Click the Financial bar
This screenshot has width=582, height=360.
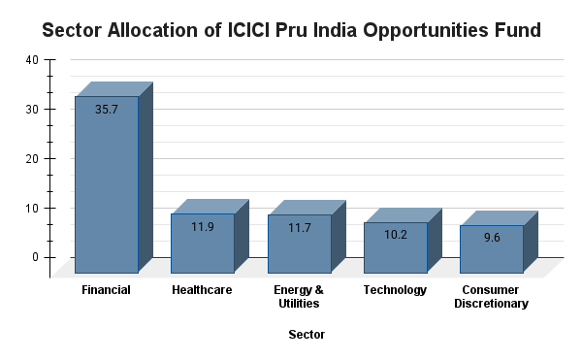click(107, 184)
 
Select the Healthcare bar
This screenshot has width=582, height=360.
click(203, 244)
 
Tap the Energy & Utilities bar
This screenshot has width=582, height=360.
click(299, 244)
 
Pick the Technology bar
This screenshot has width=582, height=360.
click(395, 247)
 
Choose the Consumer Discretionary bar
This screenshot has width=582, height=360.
click(491, 249)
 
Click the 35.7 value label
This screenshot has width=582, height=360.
click(107, 110)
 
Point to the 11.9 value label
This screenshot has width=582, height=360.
click(203, 227)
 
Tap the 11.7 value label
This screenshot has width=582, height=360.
click(299, 228)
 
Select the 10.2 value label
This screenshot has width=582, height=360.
click(395, 235)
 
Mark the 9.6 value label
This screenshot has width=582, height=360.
click(491, 238)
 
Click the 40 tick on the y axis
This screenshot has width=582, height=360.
click(32, 60)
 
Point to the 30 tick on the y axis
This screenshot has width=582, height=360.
click(32, 110)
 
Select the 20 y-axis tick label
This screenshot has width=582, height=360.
click(32, 159)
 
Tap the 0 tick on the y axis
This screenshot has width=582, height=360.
click(35, 257)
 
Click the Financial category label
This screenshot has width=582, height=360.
click(107, 290)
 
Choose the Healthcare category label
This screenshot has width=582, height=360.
click(202, 290)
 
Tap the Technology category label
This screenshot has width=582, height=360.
click(395, 290)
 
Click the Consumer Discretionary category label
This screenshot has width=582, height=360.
click(491, 297)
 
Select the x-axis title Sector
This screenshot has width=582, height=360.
click(307, 335)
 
